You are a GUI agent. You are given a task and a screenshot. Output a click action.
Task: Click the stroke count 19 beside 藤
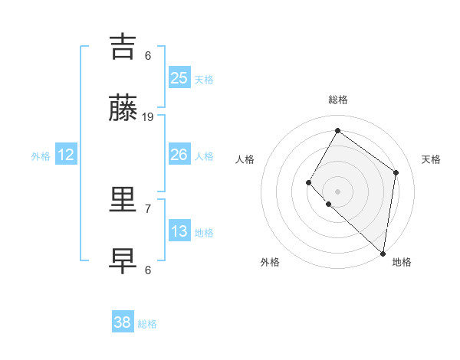[x=148, y=116]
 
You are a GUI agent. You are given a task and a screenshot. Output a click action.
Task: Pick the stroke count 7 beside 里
[x=148, y=208]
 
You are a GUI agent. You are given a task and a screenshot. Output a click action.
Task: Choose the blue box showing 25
[x=179, y=78]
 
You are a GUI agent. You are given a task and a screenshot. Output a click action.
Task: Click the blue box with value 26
[x=179, y=155]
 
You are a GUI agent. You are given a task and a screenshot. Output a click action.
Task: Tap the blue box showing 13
[x=179, y=231]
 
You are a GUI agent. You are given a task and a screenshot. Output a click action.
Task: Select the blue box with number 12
[x=66, y=155]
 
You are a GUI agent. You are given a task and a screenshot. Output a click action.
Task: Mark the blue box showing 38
[x=123, y=322]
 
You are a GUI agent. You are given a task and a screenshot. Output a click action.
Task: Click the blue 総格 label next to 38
[x=147, y=324]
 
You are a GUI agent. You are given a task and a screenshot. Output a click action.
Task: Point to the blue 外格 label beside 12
[x=41, y=156]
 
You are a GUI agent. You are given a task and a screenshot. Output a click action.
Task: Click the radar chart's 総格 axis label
[x=337, y=100]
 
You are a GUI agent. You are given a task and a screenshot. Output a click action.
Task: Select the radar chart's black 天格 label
[x=431, y=159]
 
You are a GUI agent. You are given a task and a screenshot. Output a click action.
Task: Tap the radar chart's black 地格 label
[x=402, y=262]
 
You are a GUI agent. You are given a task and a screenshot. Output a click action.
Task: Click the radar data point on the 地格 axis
[x=383, y=253]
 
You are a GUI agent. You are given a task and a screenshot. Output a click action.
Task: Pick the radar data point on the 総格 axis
[x=337, y=130]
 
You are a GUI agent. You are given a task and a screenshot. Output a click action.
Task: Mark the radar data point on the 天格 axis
[x=396, y=172]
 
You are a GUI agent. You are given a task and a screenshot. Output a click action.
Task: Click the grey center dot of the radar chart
[x=337, y=191]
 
